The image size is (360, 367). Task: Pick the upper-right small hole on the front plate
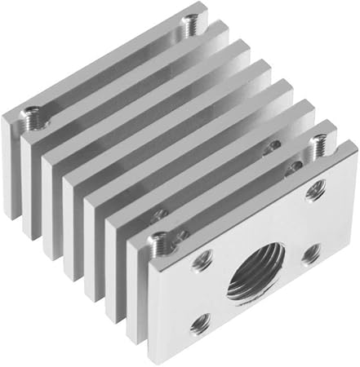point(313,193)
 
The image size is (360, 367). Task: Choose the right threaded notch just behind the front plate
point(318,146)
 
